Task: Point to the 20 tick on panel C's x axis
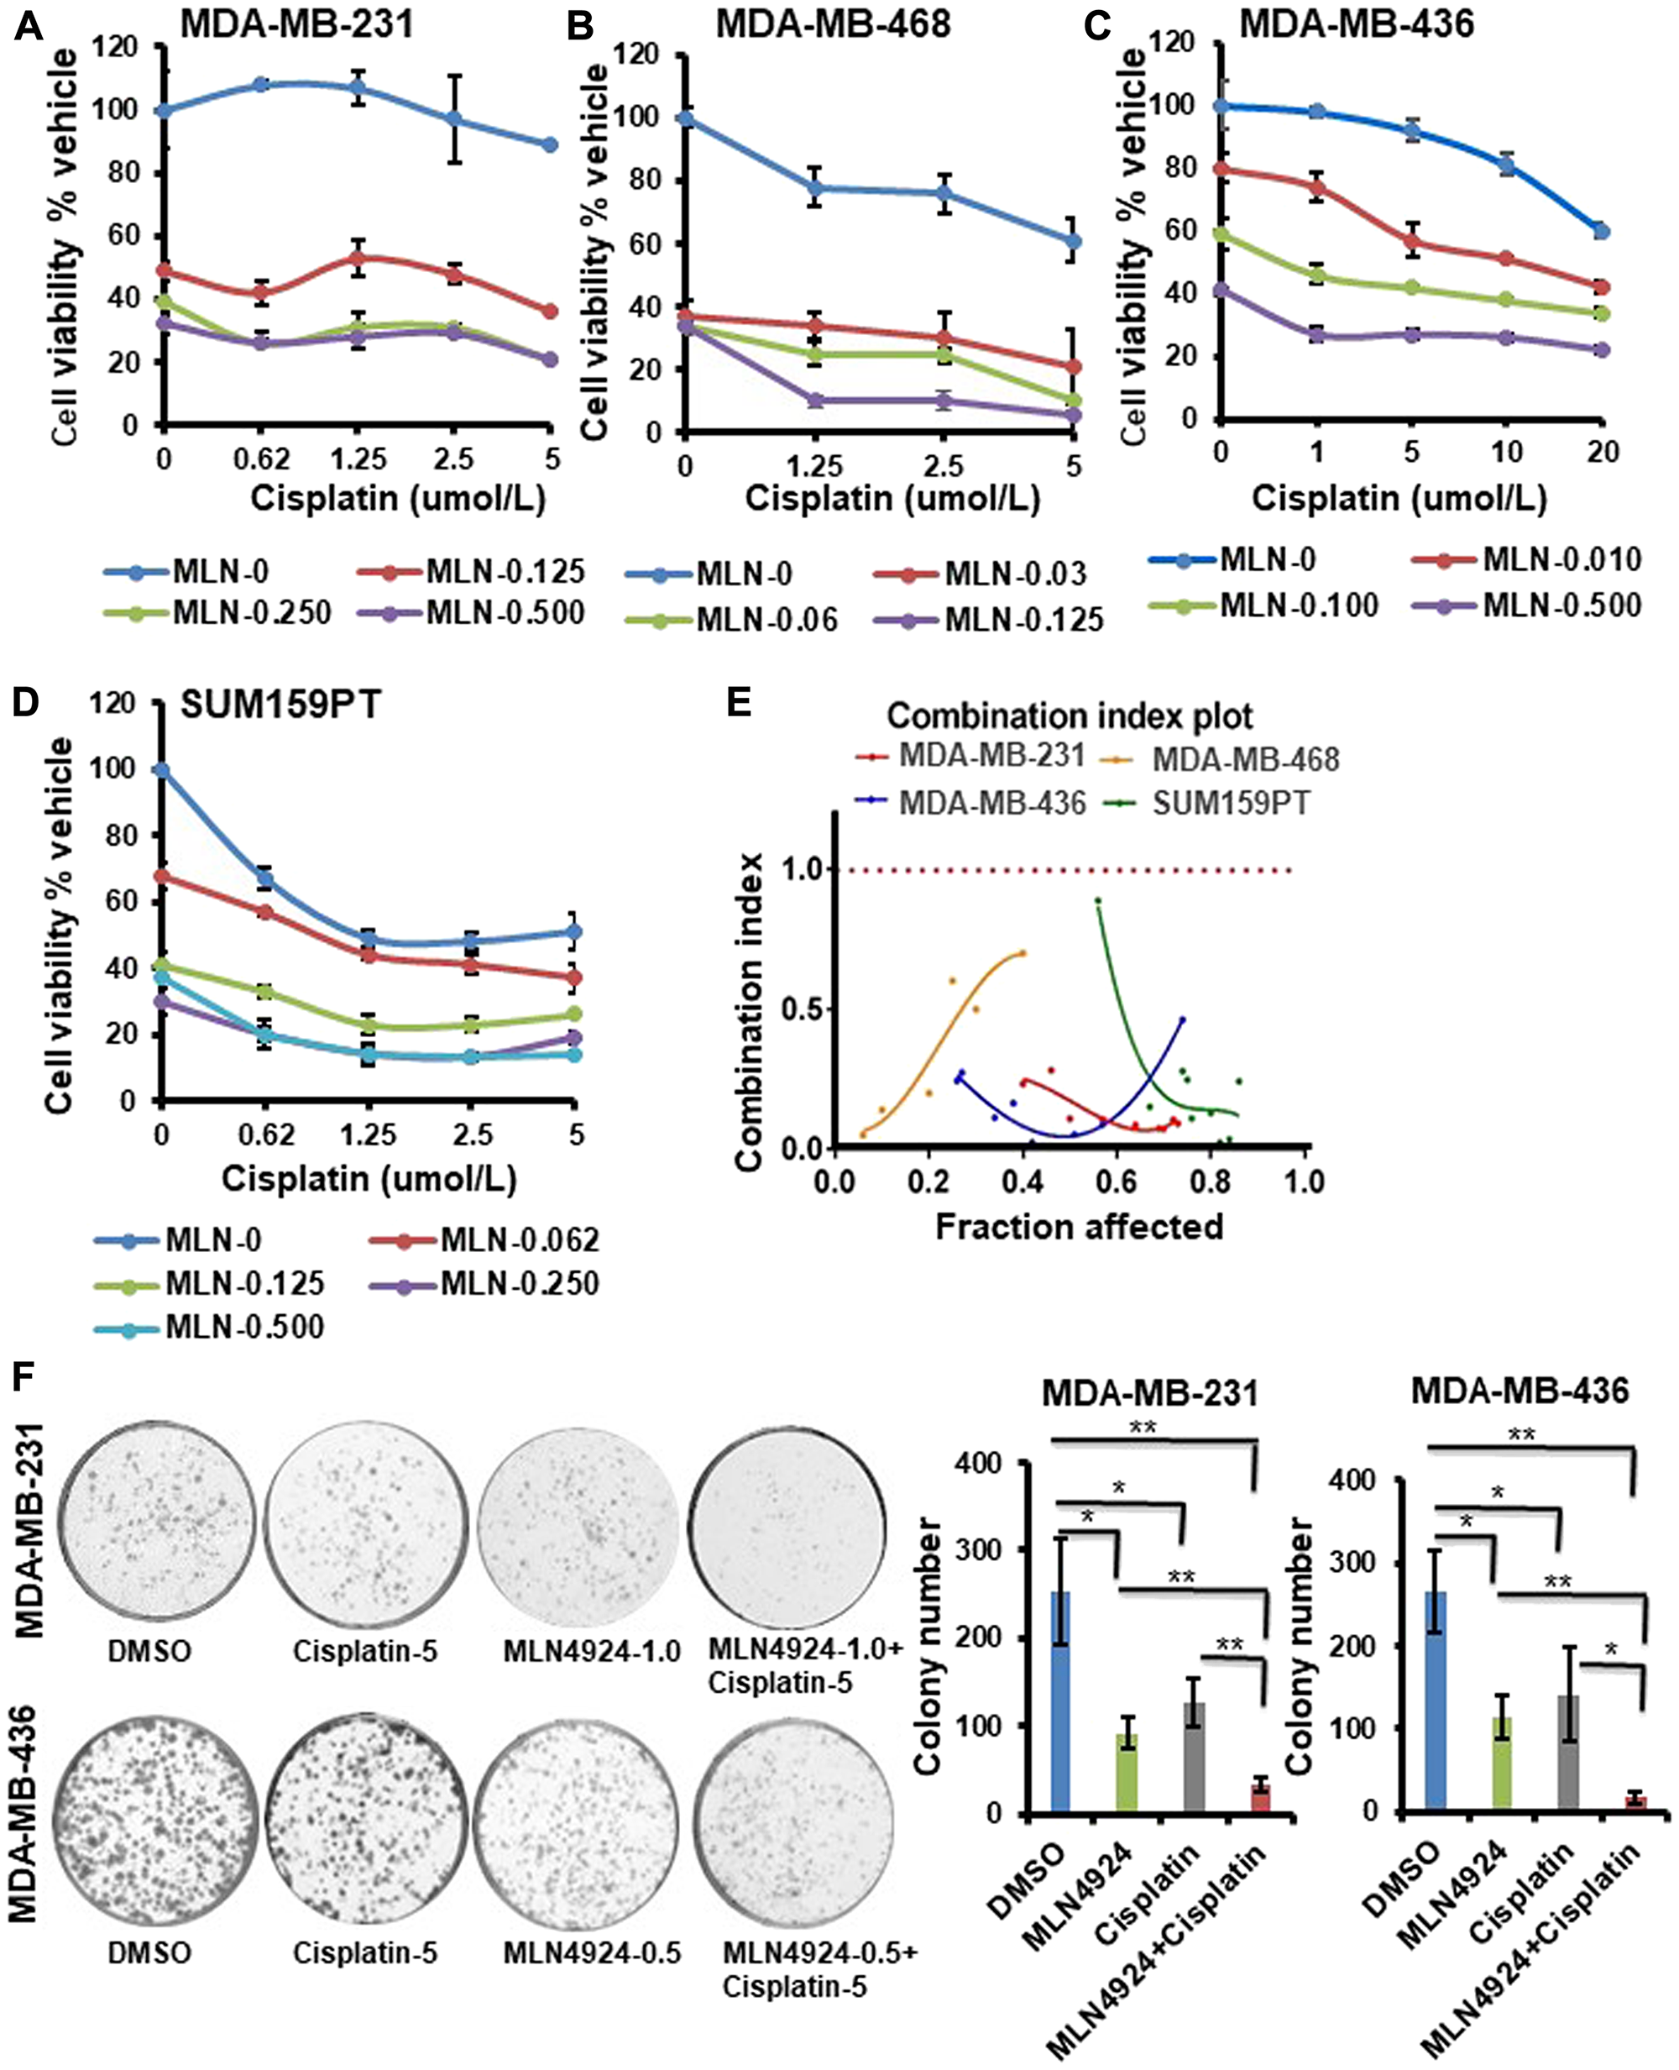click(x=1602, y=452)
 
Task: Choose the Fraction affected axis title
click(x=1079, y=1227)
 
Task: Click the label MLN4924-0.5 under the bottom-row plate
click(x=592, y=1953)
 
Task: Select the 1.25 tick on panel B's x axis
click(x=814, y=466)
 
